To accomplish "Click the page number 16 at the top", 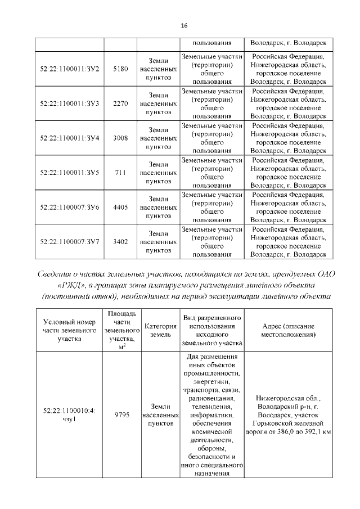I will (183, 26).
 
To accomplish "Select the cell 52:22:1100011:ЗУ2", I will (70, 69).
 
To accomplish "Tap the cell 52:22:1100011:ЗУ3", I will (70, 103).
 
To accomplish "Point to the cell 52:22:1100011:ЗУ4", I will (70, 138).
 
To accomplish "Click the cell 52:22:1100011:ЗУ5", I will (70, 173).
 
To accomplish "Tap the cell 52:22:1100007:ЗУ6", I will (70, 208).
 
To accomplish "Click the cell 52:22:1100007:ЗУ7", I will (70, 242).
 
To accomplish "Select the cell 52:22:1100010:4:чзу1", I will (70, 415).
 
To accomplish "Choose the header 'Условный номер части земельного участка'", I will (70, 330).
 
